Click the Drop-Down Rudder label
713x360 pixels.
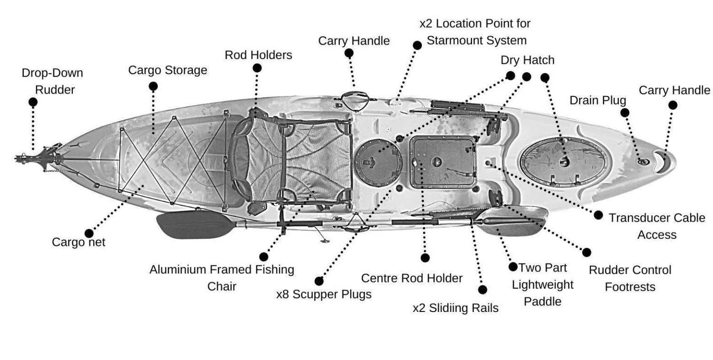click(52, 81)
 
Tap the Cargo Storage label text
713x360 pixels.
click(168, 70)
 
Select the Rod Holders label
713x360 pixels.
click(258, 55)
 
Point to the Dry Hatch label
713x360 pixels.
click(527, 60)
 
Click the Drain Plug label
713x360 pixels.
click(597, 100)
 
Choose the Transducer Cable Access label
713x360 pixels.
click(657, 226)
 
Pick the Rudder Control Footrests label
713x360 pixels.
click(630, 278)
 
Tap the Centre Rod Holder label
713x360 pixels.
click(412, 278)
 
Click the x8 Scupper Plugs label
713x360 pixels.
click(324, 294)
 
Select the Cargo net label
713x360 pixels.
click(78, 242)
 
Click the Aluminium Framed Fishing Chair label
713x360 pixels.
click(222, 278)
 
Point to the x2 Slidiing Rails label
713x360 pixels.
click(455, 308)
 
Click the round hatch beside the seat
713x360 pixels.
click(378, 162)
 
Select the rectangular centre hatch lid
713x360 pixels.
click(442, 162)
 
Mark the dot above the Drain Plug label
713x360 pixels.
click(625, 112)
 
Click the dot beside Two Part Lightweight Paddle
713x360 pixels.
click(513, 267)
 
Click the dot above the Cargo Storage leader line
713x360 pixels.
click(153, 86)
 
